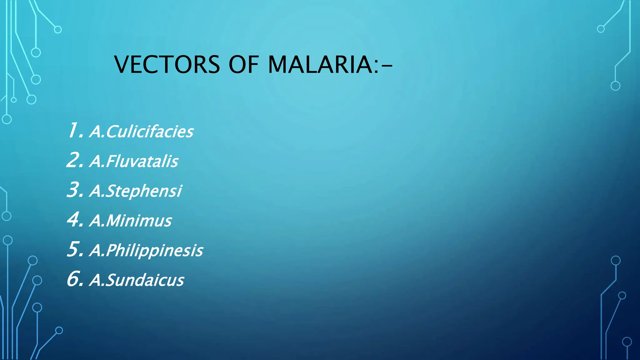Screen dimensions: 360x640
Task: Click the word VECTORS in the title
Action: click(x=167, y=65)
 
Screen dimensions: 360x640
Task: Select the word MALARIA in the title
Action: click(x=320, y=65)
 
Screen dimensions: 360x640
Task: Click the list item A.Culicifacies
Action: click(x=141, y=132)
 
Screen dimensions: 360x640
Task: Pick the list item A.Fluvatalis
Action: click(x=134, y=161)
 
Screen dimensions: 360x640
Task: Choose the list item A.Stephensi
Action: click(x=136, y=191)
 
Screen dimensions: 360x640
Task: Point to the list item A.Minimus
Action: click(x=131, y=221)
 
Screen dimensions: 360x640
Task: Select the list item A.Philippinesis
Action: click(x=146, y=250)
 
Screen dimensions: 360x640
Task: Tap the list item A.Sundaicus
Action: click(x=137, y=280)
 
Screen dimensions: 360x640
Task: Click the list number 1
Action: click(x=74, y=130)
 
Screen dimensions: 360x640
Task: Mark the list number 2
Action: click(x=74, y=160)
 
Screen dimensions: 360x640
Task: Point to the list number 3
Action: click(x=74, y=190)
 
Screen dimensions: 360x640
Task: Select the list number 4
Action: click(x=74, y=219)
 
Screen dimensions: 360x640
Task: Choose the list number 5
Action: click(x=74, y=249)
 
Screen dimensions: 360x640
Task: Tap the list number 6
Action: click(x=74, y=279)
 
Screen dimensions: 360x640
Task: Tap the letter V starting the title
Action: click(x=122, y=65)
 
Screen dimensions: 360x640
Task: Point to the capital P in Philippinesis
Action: click(x=111, y=250)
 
